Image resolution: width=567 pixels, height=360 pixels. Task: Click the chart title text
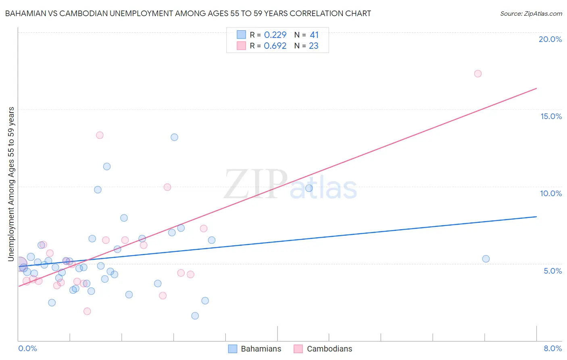(188, 13)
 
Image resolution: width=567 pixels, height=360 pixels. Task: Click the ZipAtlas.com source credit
(531, 13)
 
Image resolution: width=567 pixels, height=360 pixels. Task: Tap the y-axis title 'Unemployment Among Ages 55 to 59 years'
(11, 184)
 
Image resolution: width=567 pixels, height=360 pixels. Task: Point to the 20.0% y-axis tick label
(550, 39)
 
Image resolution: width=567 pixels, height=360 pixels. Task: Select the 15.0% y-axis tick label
(551, 116)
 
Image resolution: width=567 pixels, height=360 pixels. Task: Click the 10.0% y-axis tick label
(551, 193)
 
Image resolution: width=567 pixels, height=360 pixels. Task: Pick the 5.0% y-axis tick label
(552, 271)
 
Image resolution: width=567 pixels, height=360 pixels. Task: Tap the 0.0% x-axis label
(27, 348)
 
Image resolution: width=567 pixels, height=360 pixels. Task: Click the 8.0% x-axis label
(552, 348)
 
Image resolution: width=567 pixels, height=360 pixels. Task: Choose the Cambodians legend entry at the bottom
(323, 349)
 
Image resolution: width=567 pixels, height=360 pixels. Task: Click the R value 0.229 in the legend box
(275, 35)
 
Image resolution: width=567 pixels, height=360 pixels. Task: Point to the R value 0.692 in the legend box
(275, 46)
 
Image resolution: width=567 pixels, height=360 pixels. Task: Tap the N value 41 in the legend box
(314, 35)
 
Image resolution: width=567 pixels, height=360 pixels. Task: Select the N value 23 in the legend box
(314, 46)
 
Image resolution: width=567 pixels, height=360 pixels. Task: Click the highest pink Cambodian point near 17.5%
(478, 73)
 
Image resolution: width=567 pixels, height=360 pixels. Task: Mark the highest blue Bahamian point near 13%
(174, 137)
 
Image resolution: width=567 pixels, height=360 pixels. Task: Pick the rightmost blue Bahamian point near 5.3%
(486, 259)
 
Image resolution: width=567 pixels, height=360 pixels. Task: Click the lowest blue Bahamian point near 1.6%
(195, 316)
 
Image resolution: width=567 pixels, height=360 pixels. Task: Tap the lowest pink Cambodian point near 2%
(87, 311)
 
